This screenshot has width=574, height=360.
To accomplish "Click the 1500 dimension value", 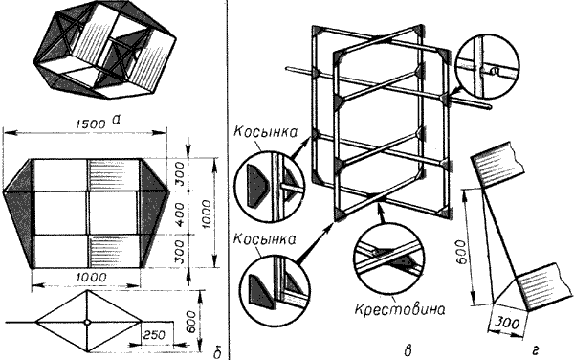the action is pos(91,124).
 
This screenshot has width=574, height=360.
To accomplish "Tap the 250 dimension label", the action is pos(153,335).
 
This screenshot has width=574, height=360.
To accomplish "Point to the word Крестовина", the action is pos(400,310).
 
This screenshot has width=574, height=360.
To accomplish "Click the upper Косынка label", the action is pos(265,132).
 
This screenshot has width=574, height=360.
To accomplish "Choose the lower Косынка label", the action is pos(264,239).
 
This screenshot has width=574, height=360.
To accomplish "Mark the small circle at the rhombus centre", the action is pos(87,323).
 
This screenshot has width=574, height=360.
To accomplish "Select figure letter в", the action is pos(408,351).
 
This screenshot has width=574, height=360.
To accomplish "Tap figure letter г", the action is pos(535,351).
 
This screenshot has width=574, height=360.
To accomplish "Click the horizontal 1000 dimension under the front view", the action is pos(91,278).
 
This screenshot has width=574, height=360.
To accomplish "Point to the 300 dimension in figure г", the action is pos(508,323).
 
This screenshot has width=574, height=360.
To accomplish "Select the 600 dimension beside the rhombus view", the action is pos(190,322).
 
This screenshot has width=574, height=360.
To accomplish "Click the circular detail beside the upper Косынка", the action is pos(270,191).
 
